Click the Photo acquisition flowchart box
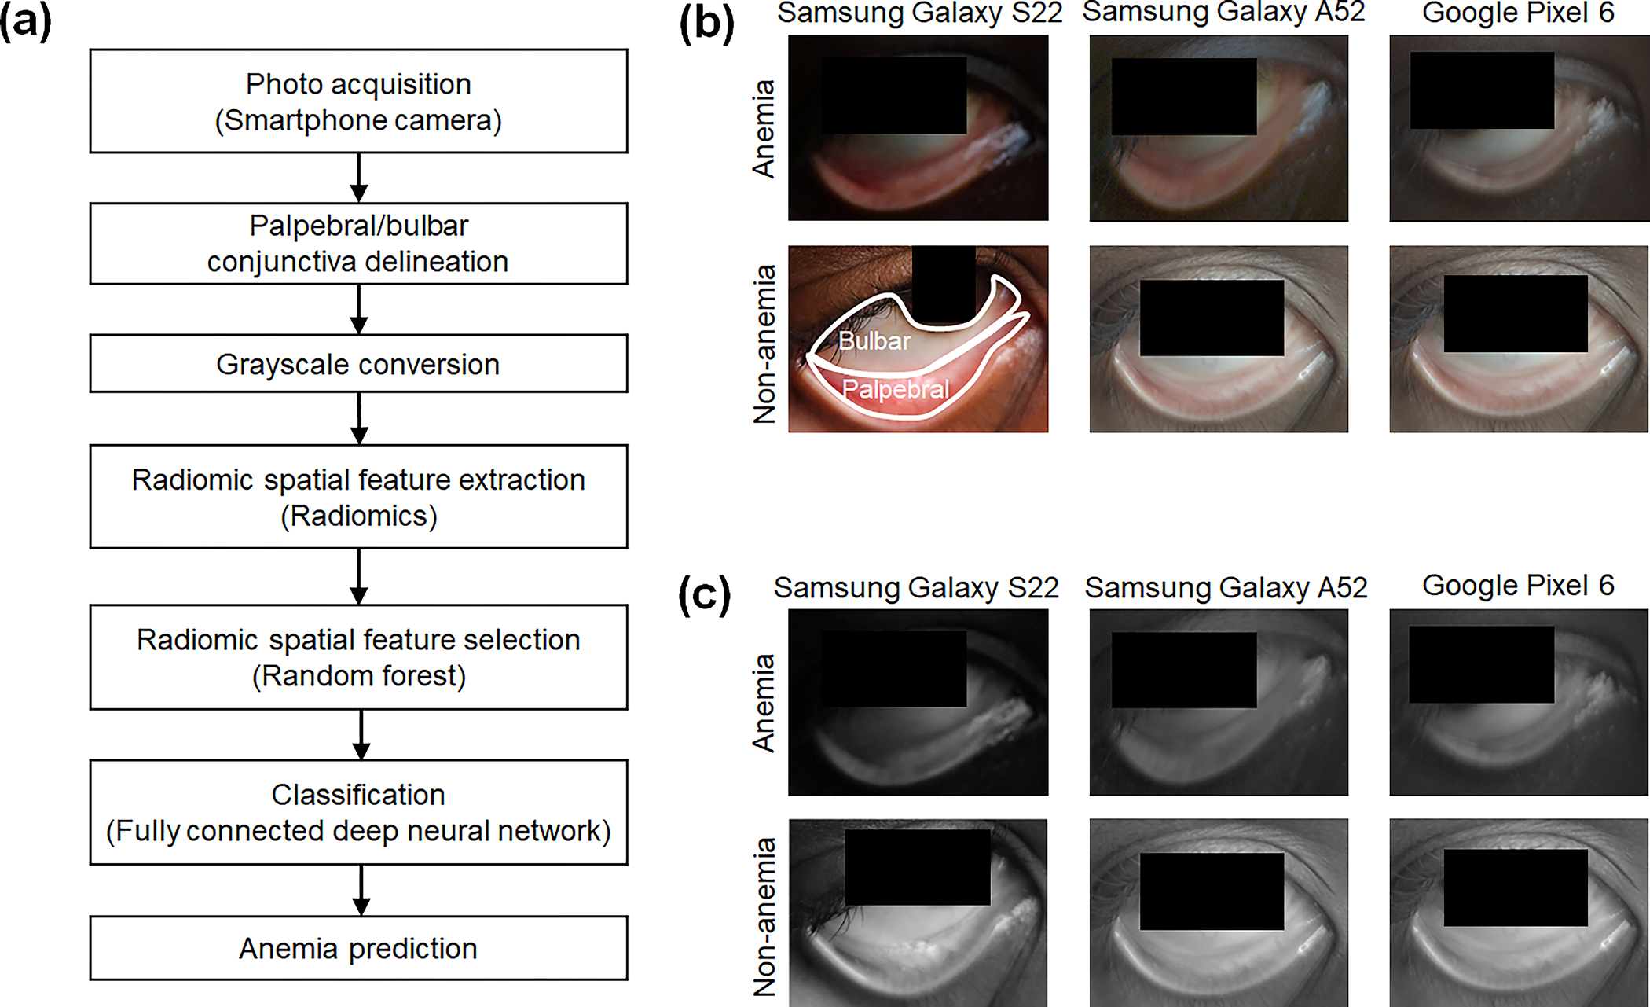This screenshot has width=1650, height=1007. click(x=358, y=101)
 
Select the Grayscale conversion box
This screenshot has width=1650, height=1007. click(x=358, y=364)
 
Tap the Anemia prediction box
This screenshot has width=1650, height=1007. click(x=358, y=948)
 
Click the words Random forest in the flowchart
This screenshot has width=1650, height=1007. click(x=359, y=676)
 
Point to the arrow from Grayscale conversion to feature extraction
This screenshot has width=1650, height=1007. click(x=359, y=418)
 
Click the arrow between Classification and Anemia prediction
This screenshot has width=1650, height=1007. click(x=361, y=890)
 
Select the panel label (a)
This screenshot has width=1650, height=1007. click(x=25, y=22)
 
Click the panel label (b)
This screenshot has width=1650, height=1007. click(x=706, y=24)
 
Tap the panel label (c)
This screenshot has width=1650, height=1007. click(x=705, y=596)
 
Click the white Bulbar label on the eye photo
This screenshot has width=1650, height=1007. click(x=874, y=341)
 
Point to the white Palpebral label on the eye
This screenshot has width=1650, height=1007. click(x=896, y=389)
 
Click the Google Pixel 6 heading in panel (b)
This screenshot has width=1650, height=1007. click(x=1518, y=13)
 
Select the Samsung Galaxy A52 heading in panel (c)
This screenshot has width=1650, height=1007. click(x=1226, y=588)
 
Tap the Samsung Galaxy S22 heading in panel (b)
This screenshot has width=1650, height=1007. click(x=919, y=13)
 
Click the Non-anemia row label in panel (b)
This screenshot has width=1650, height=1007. click(x=764, y=344)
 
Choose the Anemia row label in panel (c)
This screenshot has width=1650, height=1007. click(x=764, y=703)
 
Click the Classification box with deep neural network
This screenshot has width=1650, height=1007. click(x=358, y=812)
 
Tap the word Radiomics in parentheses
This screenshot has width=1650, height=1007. click(x=359, y=516)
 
